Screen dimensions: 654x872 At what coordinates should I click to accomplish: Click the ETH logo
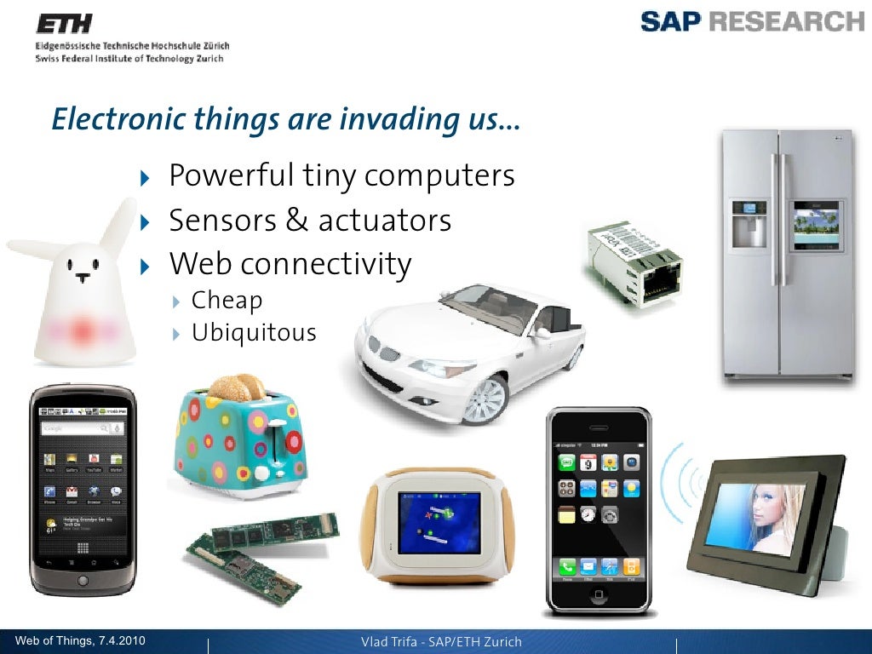point(64,23)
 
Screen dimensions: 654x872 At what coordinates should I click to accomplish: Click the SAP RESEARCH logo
point(752,21)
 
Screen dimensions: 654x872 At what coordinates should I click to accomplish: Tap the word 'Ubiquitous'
point(254,332)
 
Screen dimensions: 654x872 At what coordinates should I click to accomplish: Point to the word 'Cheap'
point(227,300)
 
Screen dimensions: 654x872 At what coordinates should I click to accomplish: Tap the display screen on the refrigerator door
point(816,225)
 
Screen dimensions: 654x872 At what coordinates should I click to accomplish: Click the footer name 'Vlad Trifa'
point(393,642)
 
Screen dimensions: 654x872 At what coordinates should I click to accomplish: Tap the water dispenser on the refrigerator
point(749,224)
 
